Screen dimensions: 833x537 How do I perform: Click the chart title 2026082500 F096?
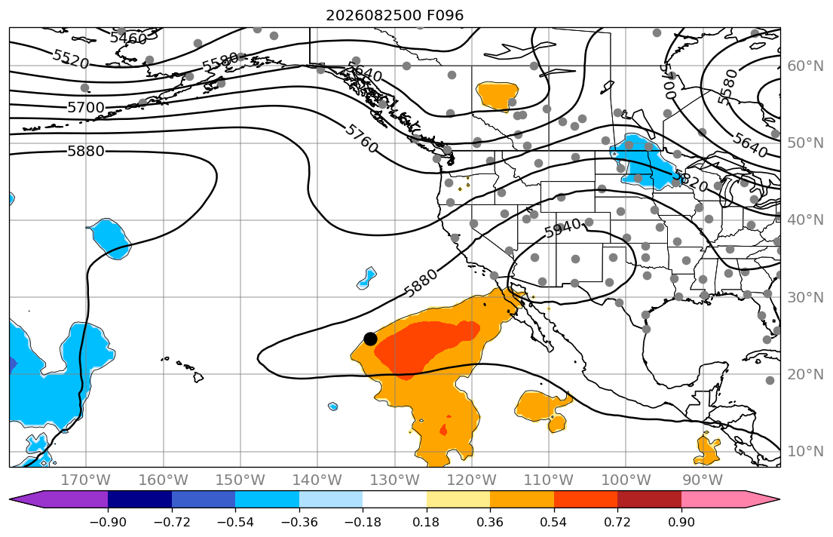tap(395, 15)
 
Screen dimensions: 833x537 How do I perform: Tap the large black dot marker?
tap(370, 339)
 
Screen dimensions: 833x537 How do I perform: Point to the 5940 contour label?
tap(562, 229)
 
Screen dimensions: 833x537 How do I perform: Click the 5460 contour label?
tap(128, 38)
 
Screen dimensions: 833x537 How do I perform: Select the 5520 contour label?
tap(71, 59)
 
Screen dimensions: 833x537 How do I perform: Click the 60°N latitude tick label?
tap(805, 66)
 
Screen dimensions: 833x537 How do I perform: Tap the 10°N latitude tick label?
tap(805, 452)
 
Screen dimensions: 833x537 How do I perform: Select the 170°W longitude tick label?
tap(86, 480)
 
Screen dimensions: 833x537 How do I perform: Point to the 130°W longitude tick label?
tap(395, 480)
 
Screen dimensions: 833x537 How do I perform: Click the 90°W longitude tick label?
tap(703, 480)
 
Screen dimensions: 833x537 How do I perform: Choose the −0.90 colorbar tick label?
tap(108, 522)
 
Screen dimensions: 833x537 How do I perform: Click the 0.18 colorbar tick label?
tap(427, 522)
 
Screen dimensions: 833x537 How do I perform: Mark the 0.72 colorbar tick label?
tap(617, 522)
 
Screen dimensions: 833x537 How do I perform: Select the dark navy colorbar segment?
tap(139, 500)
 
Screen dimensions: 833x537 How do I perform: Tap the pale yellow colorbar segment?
tap(458, 500)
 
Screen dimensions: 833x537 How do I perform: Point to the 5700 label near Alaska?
tap(86, 108)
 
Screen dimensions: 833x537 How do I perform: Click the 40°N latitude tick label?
tap(805, 220)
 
